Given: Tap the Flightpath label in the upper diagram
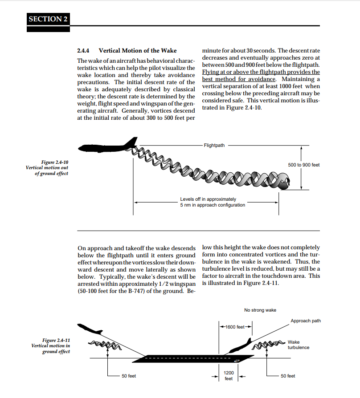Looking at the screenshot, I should click(214, 146).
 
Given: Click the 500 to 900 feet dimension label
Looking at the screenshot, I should click(304, 165).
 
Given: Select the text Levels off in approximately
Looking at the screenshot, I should click(208, 199).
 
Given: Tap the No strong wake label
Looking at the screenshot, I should click(260, 310).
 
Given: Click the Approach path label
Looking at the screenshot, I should click(306, 321).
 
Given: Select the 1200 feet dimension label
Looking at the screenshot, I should click(229, 375).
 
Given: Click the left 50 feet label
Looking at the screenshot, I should click(129, 376).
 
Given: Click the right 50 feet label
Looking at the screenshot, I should click(288, 376).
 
